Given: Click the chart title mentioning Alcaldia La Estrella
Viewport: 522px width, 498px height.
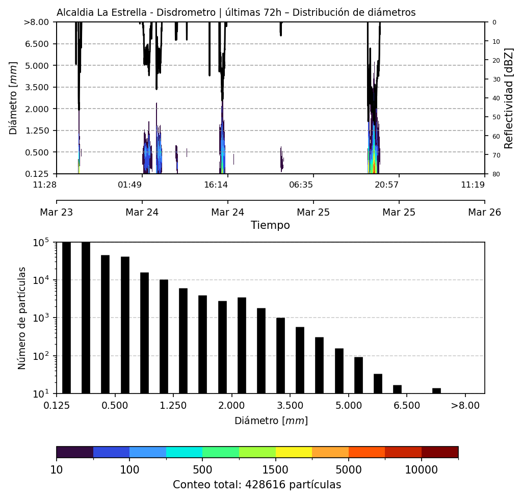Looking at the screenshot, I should click(x=236, y=13).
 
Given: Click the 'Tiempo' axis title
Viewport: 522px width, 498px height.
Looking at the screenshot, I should click(x=270, y=225).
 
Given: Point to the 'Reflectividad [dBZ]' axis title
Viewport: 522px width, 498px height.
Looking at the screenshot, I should click(x=509, y=98).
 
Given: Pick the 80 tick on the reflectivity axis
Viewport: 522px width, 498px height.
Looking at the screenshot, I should click(x=494, y=174).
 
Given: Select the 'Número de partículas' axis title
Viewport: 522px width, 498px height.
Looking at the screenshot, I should click(x=22, y=318).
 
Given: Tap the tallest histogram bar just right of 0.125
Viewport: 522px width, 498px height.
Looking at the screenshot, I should click(x=66, y=318).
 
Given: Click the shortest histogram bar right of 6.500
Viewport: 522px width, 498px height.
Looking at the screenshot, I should click(x=436, y=391).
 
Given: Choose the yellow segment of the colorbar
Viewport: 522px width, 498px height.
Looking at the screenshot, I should click(x=294, y=452).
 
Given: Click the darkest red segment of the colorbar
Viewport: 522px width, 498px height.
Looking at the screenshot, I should click(x=439, y=452).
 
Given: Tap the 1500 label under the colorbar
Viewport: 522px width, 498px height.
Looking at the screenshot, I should click(x=275, y=469).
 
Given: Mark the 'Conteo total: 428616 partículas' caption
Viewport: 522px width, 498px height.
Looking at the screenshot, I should click(x=257, y=485).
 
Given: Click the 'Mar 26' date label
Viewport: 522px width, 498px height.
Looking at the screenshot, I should click(x=484, y=212).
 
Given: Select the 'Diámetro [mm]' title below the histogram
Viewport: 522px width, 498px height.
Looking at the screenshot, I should click(x=271, y=421).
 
